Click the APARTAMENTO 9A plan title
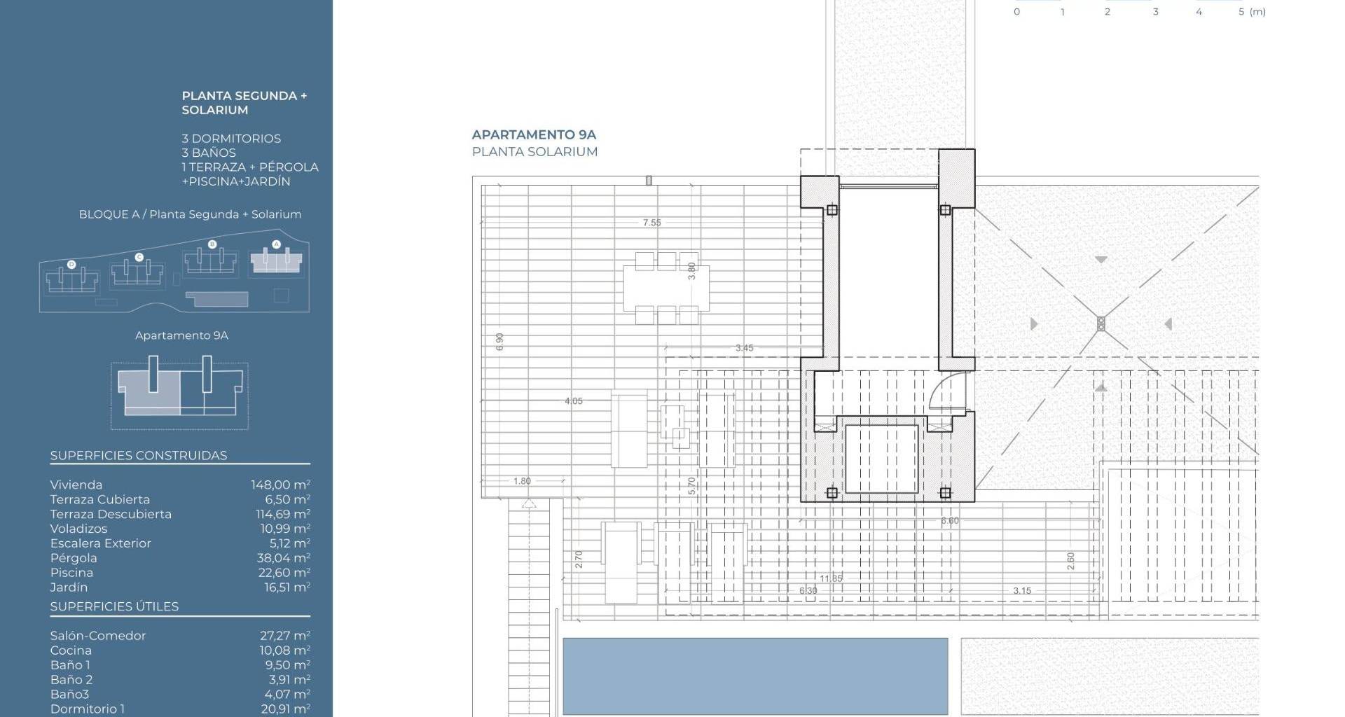point(534,134)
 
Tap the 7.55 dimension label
point(651,223)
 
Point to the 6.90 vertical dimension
point(499,342)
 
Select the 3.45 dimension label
point(744,348)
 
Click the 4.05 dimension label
point(574,401)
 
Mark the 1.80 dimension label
point(522,481)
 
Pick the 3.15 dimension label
point(1022,591)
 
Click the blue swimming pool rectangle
point(755,676)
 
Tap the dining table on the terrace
point(666,288)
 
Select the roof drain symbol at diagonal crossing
point(1101,323)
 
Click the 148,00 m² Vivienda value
point(280,485)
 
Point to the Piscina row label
point(71,573)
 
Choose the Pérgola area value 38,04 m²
point(283,558)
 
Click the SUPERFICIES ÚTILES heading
point(114,606)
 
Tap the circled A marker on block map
point(276,244)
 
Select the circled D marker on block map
point(71,265)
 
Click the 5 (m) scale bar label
point(1252,12)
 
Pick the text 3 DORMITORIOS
point(231,139)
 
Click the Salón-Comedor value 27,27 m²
point(285,636)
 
